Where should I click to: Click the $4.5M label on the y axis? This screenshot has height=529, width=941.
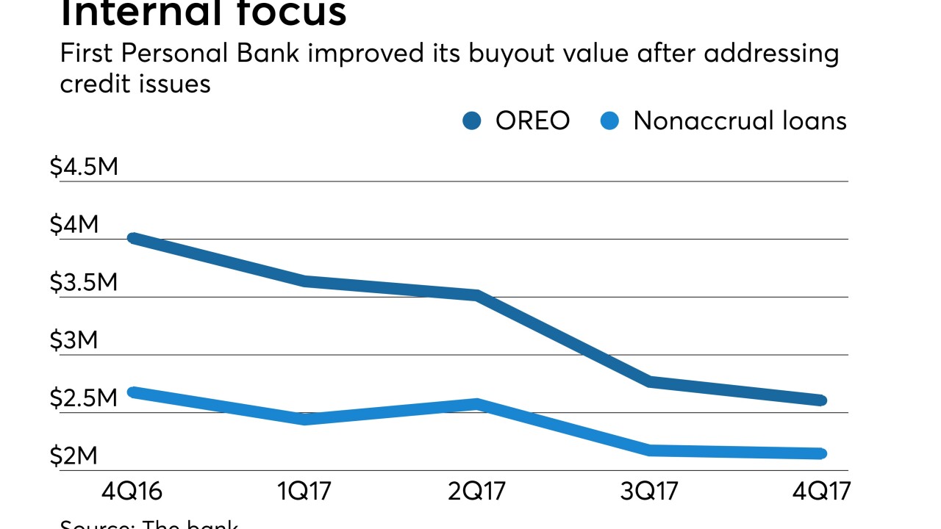pos(83,168)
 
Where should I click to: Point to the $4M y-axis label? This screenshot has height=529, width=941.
pos(74,225)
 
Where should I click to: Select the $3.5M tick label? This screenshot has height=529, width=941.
pos(83,283)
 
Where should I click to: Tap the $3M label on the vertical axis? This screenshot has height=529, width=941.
pos(74,341)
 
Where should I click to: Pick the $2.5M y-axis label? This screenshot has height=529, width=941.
pos(83,399)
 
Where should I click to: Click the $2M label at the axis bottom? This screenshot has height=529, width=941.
pos(74,456)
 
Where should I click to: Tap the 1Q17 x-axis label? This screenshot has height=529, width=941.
pos(305,490)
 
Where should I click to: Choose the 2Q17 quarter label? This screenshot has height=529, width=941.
pos(477,490)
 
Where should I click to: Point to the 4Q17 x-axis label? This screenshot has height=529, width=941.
pos(822,490)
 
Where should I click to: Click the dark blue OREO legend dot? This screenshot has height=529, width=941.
pos(471,121)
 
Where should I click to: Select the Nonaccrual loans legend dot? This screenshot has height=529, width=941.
pos(609,121)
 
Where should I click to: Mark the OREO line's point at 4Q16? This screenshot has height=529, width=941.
pos(133,238)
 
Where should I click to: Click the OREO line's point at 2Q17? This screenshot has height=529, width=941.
pos(477,295)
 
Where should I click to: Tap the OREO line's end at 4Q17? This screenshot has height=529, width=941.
pos(821,400)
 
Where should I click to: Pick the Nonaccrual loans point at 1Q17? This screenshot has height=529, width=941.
pos(305,419)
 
